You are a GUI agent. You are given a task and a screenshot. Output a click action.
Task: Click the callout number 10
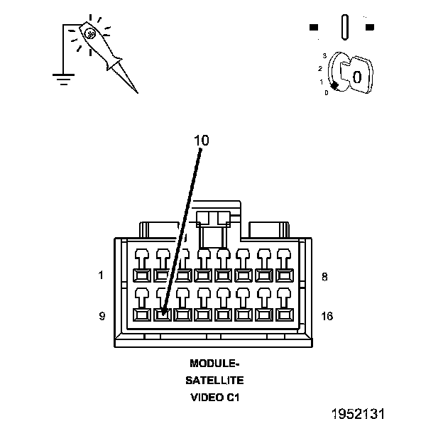202,141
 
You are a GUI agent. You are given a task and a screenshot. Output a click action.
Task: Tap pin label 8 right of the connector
324,276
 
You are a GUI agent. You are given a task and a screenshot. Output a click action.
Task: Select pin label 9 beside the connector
102,316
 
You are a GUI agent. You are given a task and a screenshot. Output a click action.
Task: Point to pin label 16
327,316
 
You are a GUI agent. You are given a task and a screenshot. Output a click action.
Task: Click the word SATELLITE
215,381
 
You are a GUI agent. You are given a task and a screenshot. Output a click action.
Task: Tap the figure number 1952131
362,413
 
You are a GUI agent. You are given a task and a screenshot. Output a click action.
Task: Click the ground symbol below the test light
64,78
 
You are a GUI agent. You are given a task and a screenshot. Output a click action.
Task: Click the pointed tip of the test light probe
135,92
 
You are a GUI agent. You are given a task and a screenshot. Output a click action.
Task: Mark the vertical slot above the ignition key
344,27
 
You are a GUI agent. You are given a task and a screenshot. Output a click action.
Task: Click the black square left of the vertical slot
314,28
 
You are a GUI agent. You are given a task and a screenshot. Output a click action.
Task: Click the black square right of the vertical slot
369,28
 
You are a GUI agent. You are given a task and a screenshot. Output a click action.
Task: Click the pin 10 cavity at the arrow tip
162,313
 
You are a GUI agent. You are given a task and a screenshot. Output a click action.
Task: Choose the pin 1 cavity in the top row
141,274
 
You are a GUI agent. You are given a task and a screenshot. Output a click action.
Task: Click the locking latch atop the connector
213,219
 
